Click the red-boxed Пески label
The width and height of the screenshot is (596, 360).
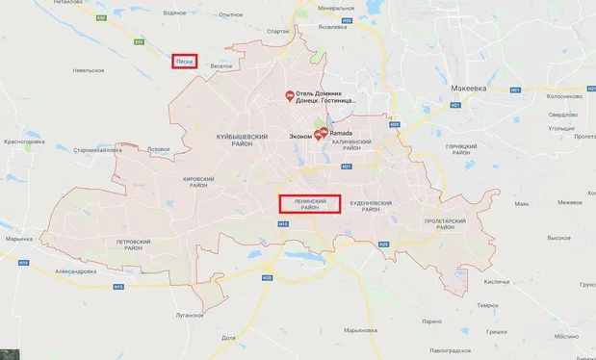[185, 62]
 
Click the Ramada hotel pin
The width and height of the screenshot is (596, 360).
[324, 133]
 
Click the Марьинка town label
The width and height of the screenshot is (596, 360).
[18, 238]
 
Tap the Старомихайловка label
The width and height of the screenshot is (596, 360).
[98, 150]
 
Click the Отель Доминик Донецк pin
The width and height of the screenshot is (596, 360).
[290, 94]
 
